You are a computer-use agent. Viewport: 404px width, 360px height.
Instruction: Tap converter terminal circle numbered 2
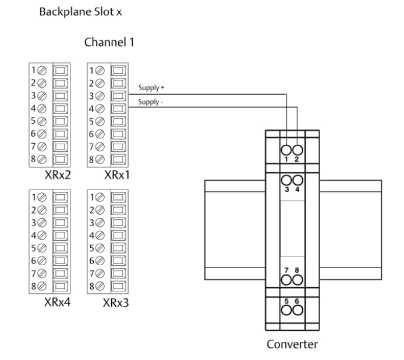click(x=297, y=149)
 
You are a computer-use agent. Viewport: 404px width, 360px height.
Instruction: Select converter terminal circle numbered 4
click(x=297, y=181)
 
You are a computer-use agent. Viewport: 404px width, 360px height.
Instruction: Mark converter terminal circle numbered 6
click(x=297, y=309)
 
